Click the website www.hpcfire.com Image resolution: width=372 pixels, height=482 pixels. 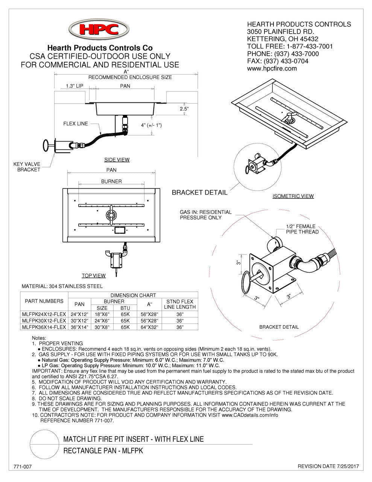point(272,69)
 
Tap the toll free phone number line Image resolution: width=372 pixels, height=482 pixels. point(290,46)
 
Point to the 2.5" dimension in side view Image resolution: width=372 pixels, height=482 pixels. point(184,108)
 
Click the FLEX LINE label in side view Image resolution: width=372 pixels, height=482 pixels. point(76,124)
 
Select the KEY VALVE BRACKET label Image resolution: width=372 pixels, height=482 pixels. point(27,167)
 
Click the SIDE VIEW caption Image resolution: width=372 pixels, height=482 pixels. point(117,160)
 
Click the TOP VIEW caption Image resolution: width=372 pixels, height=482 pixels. point(94,276)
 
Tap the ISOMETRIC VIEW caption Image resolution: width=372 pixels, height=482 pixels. point(293,196)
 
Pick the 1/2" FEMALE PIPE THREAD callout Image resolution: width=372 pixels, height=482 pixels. point(302,229)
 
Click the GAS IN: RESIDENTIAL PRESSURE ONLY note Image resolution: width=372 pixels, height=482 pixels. point(205,215)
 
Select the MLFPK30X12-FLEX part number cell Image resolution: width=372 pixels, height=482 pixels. point(44,320)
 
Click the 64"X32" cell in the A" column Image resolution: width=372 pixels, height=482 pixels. point(150,327)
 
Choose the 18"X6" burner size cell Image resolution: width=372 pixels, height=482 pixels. point(102,314)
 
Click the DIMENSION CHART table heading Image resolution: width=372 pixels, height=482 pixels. point(133,295)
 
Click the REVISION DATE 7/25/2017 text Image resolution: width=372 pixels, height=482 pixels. point(328,467)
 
